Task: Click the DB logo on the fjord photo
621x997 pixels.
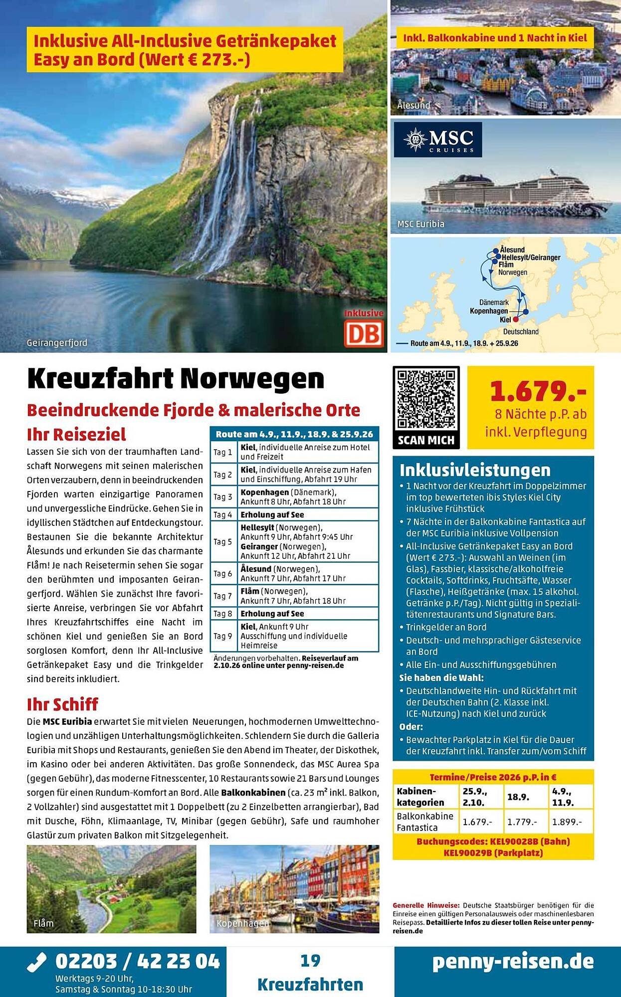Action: (x=364, y=333)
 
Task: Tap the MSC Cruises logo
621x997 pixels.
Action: (x=437, y=140)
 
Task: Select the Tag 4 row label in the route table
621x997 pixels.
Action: (x=222, y=514)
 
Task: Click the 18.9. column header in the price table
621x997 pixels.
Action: (x=518, y=797)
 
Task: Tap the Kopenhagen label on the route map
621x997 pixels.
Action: (x=489, y=311)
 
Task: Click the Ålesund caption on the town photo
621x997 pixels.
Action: (x=414, y=105)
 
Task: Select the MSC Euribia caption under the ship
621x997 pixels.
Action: (x=420, y=224)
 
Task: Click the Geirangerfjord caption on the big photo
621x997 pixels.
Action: (x=57, y=342)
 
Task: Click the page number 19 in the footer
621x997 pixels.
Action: (x=310, y=961)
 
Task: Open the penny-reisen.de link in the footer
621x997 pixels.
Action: (x=513, y=962)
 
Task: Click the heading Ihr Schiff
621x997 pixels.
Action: (x=63, y=704)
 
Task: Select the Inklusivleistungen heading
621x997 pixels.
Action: (x=475, y=470)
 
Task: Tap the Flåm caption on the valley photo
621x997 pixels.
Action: (x=43, y=923)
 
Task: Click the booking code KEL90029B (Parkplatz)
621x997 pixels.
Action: (x=493, y=852)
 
